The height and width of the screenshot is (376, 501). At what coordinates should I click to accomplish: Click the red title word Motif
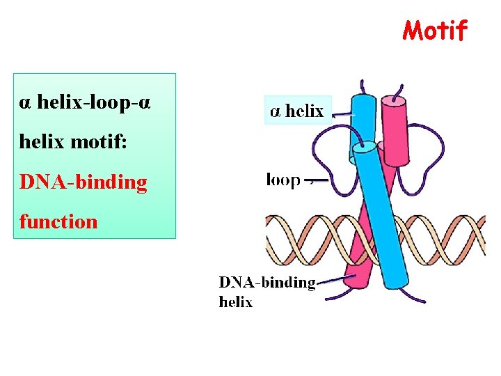point(436,31)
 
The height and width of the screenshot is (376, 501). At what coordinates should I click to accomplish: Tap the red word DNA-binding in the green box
point(83,182)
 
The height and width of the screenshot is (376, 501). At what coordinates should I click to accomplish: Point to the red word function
point(58,222)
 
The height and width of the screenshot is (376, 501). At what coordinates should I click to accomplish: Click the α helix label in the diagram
point(297,111)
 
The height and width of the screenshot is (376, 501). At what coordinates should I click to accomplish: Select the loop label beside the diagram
point(283,180)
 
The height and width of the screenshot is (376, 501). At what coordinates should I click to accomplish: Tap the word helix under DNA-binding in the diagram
point(236,302)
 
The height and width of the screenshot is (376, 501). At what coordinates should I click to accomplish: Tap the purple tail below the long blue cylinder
point(416,295)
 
